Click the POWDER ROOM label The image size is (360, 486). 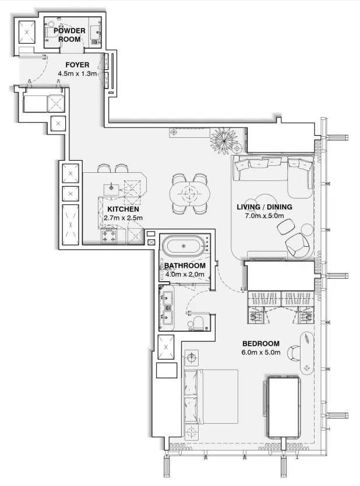pos(70,35)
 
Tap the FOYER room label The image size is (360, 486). pos(77,64)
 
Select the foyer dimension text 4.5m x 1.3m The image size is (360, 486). pos(77,74)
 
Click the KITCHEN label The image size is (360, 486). pos(123,208)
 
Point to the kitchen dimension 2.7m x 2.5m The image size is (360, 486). pos(123,218)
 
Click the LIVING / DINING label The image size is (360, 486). pos(264,207)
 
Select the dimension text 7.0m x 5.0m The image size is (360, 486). pos(264,216)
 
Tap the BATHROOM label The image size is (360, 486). pos(185,265)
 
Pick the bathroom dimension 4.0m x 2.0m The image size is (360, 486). pos(185,275)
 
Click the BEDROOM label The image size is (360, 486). pos(260,343)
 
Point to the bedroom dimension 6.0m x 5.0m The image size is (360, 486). pos(260,353)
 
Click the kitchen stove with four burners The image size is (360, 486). pos(109,236)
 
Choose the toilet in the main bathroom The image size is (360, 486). pos(197,324)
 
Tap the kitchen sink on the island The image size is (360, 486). pos(111,187)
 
